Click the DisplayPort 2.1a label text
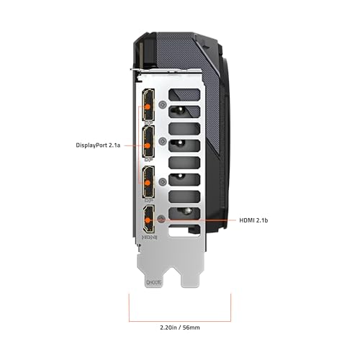click(98, 145)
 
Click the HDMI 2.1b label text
click(253, 220)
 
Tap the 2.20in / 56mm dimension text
click(180, 328)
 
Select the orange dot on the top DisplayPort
click(148, 107)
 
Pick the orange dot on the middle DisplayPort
click(148, 145)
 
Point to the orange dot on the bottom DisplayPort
click(148, 183)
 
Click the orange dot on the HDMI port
click(148, 220)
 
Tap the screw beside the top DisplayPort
click(163, 104)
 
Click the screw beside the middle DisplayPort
click(163, 141)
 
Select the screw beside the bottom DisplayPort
click(163, 181)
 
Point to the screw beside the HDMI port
click(161, 219)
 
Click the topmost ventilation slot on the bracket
click(184, 94)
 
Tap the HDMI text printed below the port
click(150, 238)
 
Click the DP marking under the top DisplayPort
click(149, 123)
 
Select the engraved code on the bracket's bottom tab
click(153, 283)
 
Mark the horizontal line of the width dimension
click(180, 321)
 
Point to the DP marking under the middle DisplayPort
click(149, 159)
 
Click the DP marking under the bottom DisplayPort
click(149, 199)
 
